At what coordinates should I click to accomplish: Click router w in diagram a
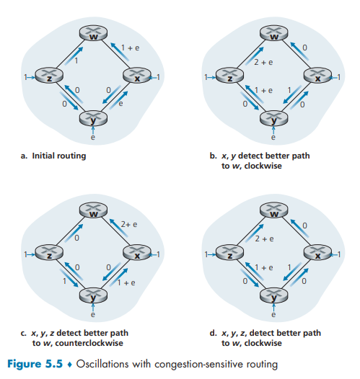[93, 34]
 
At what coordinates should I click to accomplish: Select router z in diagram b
[229, 75]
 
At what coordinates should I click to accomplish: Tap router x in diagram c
[137, 252]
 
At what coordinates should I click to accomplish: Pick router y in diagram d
[274, 295]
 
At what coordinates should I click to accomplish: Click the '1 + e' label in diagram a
[130, 48]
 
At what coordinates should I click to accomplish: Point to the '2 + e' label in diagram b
[263, 63]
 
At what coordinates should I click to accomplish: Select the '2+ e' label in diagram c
[129, 225]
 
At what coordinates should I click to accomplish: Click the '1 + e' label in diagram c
[126, 282]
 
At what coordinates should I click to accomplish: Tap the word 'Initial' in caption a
[43, 156]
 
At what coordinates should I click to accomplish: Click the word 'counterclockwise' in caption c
[89, 343]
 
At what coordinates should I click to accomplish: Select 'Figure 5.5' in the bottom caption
[35, 364]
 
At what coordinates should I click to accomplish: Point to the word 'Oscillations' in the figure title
[102, 364]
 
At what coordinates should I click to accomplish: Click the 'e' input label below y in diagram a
[92, 138]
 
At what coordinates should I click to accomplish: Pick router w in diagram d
[274, 210]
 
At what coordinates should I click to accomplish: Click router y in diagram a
[93, 118]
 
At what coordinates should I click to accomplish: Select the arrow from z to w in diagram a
[74, 55]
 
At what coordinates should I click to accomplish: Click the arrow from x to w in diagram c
[119, 228]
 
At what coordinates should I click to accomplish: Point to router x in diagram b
[317, 75]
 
